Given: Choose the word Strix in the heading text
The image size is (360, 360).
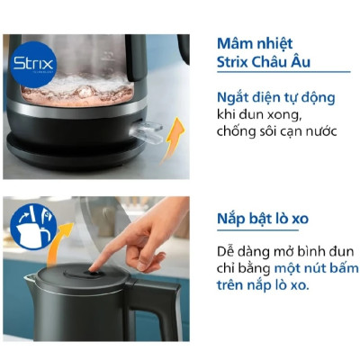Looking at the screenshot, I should click(235, 63).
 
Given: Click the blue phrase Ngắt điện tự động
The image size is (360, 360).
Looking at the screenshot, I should click(274, 97).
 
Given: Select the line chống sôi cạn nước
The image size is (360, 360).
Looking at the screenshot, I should click(275, 132).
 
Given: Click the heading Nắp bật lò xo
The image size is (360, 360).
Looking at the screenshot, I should click(269, 219).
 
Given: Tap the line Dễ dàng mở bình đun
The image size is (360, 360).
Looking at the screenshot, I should click(278, 249).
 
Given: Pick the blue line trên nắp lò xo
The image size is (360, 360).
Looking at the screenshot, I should click(262, 284).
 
